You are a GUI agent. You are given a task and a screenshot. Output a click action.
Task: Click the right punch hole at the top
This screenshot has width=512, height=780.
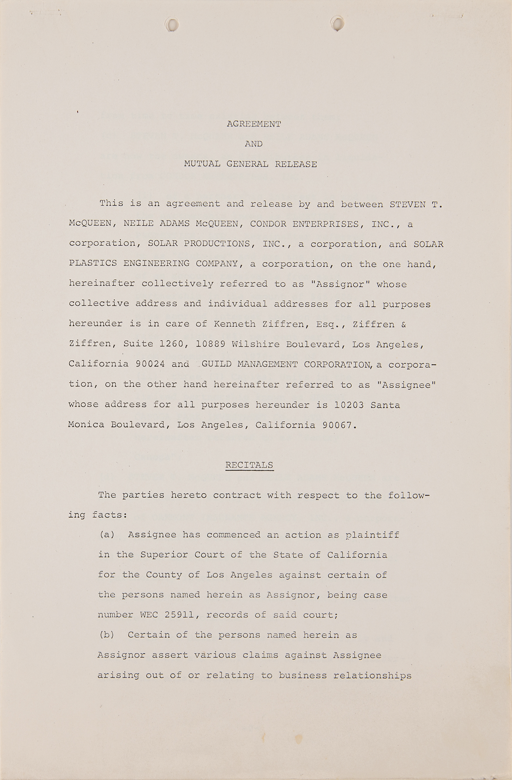point(337,23)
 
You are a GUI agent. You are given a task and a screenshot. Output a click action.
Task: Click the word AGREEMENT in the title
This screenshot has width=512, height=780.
point(254,124)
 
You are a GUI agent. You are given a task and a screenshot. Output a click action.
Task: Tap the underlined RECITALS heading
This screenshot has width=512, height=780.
point(249,465)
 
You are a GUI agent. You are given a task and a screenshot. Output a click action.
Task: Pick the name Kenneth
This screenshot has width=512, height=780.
point(233,324)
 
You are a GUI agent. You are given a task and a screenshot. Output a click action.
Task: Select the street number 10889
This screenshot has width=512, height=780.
point(210,344)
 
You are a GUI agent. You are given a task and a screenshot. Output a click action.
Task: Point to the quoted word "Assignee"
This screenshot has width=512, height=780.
point(406,384)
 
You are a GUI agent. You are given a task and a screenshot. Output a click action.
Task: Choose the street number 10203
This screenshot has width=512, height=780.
point(349,404)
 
